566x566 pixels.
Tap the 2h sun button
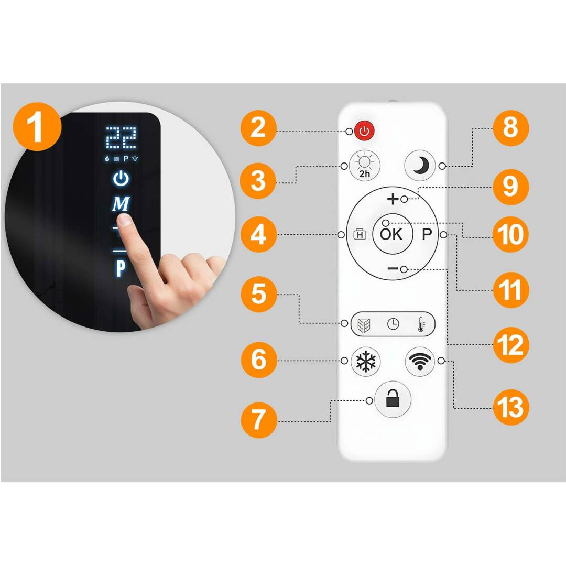pos(365,165)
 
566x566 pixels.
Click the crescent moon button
pos(420,165)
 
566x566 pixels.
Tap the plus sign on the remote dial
pos(393,199)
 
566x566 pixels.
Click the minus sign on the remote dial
pos(393,268)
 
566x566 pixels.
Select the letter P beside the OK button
pos(427,234)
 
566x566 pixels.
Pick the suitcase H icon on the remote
pos(360,235)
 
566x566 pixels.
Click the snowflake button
pos(366,361)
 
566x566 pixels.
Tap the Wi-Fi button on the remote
pos(420,361)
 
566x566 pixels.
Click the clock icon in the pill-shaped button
pos(393,324)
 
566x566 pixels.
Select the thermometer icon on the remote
pos(421,324)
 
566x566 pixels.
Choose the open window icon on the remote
pos(364,324)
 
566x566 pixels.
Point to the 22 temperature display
pos(121,137)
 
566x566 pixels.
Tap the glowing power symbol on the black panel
pos(121,178)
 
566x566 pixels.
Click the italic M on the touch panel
pos(121,204)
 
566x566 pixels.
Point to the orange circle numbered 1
pos(37,127)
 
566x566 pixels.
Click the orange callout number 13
pos(510,407)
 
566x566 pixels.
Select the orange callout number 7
pos(259,420)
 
